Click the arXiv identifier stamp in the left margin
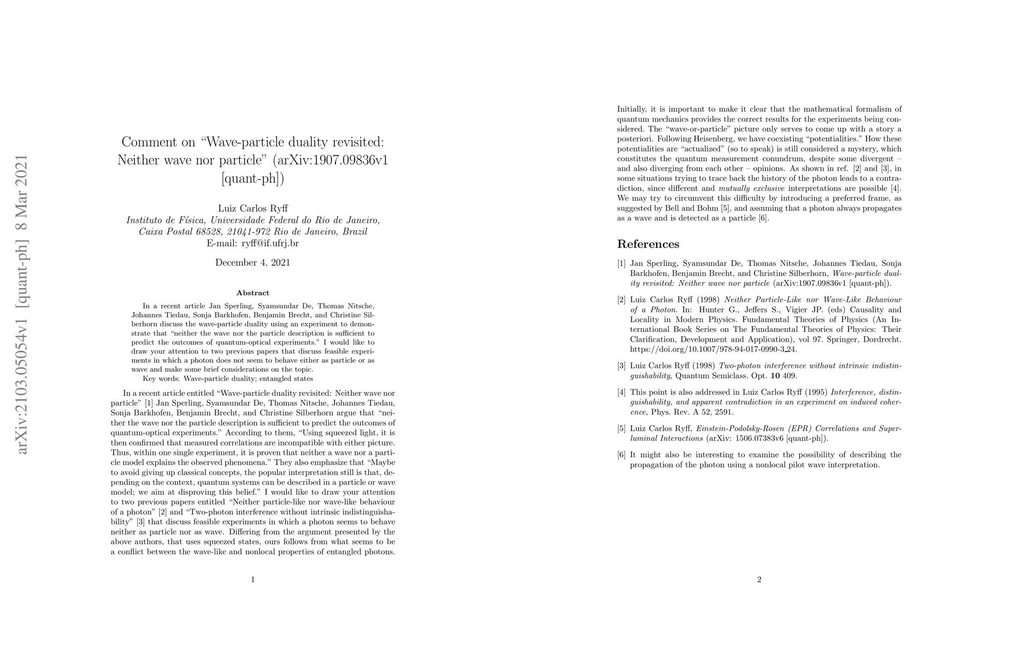(x=23, y=303)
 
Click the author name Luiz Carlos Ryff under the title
(x=252, y=208)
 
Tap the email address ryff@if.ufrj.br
(x=252, y=243)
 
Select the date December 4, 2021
(x=252, y=262)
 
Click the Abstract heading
(x=252, y=293)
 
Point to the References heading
(x=648, y=244)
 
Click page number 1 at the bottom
(x=252, y=579)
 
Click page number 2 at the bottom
(x=759, y=579)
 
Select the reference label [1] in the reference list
(x=621, y=263)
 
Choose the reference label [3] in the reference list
(x=621, y=366)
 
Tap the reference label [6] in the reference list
(x=621, y=455)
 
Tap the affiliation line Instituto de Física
(x=252, y=220)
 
